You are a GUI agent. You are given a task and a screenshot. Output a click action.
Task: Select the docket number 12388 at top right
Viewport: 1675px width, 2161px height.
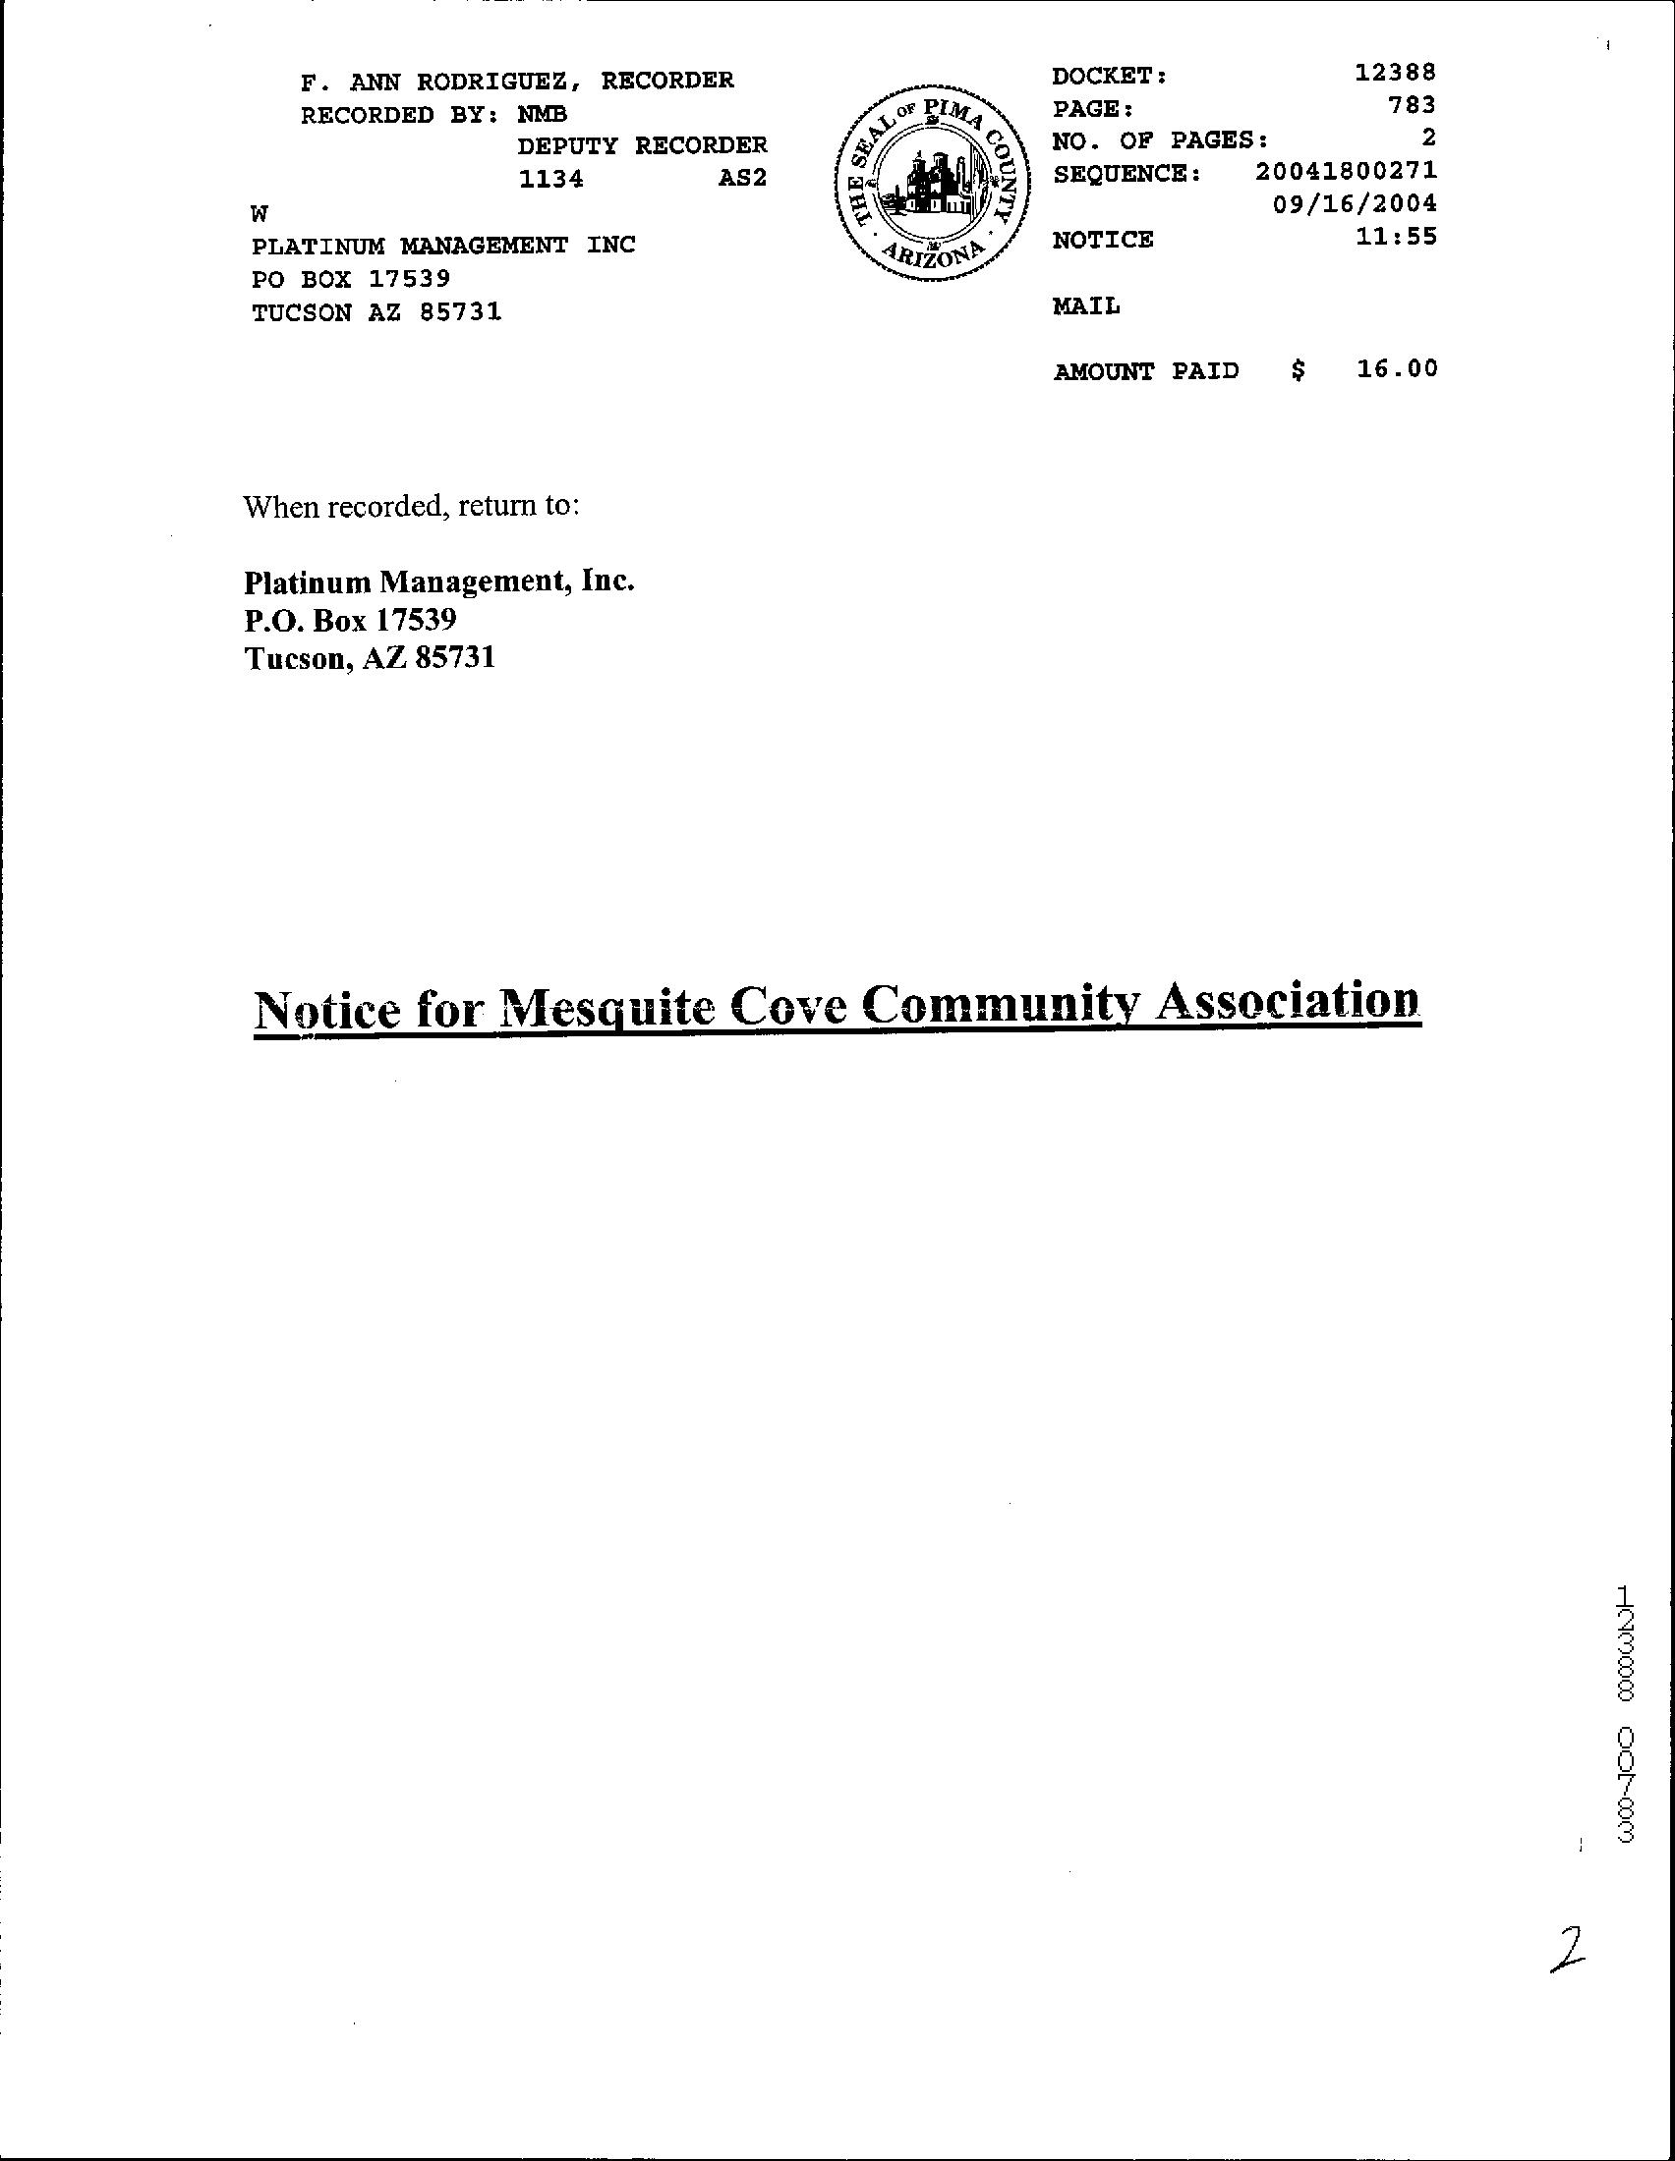click(1395, 73)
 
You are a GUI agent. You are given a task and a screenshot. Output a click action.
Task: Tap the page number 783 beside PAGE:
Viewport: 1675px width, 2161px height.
click(1412, 105)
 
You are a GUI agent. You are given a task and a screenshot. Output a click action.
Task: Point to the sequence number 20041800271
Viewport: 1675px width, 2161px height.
click(1346, 171)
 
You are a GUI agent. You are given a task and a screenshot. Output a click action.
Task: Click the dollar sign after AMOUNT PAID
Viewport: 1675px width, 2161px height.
click(1298, 371)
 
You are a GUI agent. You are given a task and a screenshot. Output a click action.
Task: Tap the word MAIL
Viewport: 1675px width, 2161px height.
click(1086, 306)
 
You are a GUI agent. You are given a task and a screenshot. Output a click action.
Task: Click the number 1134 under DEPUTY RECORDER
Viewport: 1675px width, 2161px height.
click(550, 179)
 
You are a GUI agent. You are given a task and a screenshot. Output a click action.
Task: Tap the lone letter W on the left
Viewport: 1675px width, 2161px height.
click(260, 214)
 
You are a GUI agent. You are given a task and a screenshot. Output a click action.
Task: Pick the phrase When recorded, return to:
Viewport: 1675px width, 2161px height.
click(411, 507)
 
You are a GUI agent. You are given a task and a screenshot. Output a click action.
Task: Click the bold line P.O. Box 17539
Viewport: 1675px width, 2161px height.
click(350, 621)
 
